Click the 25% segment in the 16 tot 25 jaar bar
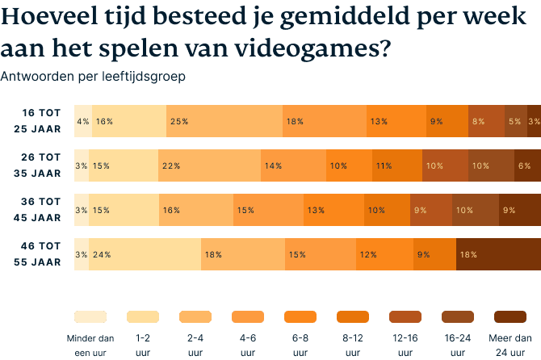224,121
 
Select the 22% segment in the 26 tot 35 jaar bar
209,165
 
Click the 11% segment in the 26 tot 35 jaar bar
396,165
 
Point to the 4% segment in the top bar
82,121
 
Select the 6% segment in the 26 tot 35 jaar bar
527,165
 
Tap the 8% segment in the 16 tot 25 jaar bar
486,121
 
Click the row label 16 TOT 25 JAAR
37,121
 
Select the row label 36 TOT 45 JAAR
37,210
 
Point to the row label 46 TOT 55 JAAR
37,254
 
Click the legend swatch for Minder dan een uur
90,316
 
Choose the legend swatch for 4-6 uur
247,316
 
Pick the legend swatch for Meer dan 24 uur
509,316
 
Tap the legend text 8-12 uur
352,345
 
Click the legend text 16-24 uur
456,345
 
